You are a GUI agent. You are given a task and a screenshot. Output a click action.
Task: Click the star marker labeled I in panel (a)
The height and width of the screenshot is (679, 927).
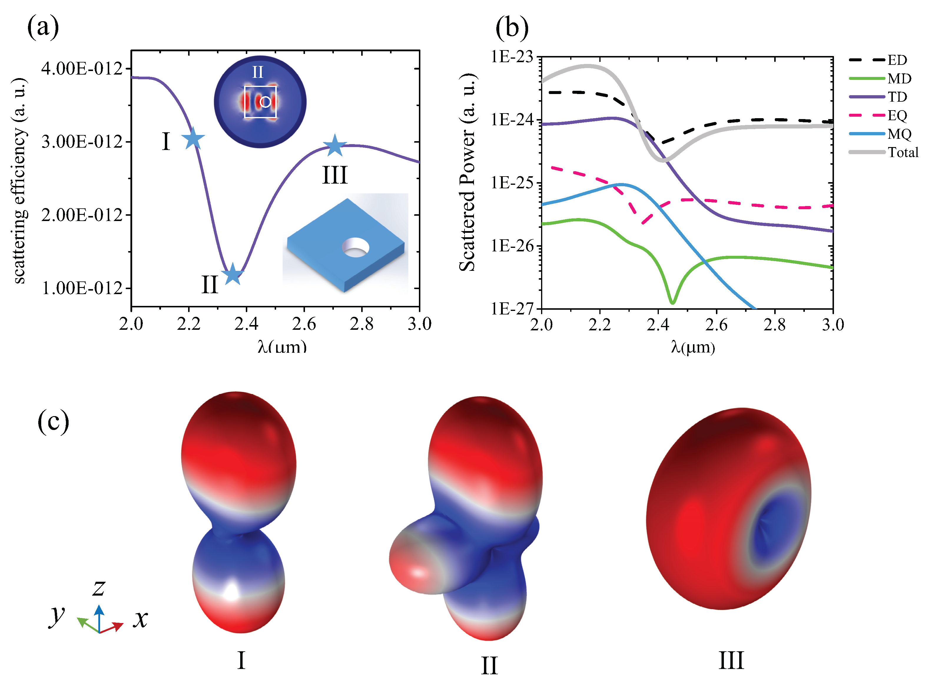tap(193, 139)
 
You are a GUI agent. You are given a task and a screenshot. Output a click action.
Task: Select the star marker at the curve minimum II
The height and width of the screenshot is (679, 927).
tap(232, 274)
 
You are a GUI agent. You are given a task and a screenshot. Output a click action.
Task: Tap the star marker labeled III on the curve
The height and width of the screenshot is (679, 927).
tap(335, 146)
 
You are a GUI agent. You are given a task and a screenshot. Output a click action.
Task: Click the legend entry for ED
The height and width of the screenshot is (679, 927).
tap(897, 60)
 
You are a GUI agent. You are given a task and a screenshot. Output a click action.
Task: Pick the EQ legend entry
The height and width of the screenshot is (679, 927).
tap(897, 116)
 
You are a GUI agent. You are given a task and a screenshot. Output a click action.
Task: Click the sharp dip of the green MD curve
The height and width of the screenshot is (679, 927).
tap(672, 302)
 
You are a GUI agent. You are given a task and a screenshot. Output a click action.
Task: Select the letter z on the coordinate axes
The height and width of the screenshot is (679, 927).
tap(99, 587)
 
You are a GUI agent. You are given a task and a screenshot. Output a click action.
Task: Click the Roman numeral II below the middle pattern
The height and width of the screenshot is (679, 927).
tap(489, 665)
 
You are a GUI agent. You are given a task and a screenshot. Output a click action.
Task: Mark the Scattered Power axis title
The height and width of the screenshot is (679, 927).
tap(467, 173)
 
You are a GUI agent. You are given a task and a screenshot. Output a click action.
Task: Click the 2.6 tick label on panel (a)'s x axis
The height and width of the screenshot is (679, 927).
tap(304, 325)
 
